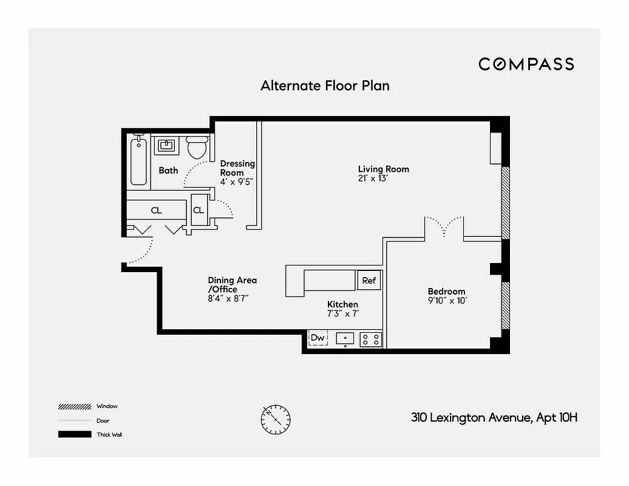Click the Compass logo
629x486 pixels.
pos(526,64)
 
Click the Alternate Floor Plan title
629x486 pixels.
pos(325,86)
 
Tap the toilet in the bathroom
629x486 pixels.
pos(197,147)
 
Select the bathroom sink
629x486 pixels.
pos(166,146)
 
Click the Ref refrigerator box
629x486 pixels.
pos(369,281)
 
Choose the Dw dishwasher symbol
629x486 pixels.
pos(318,338)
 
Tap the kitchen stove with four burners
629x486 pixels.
pos(370,338)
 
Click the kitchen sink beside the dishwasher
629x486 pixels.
pos(345,338)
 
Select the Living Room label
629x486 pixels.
pos(383,169)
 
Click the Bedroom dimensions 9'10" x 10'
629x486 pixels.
pos(447,301)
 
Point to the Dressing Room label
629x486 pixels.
pos(237,168)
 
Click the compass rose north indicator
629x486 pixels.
pos(276,419)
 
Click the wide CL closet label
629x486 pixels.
pos(156,211)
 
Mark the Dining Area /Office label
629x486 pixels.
pos(232,284)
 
